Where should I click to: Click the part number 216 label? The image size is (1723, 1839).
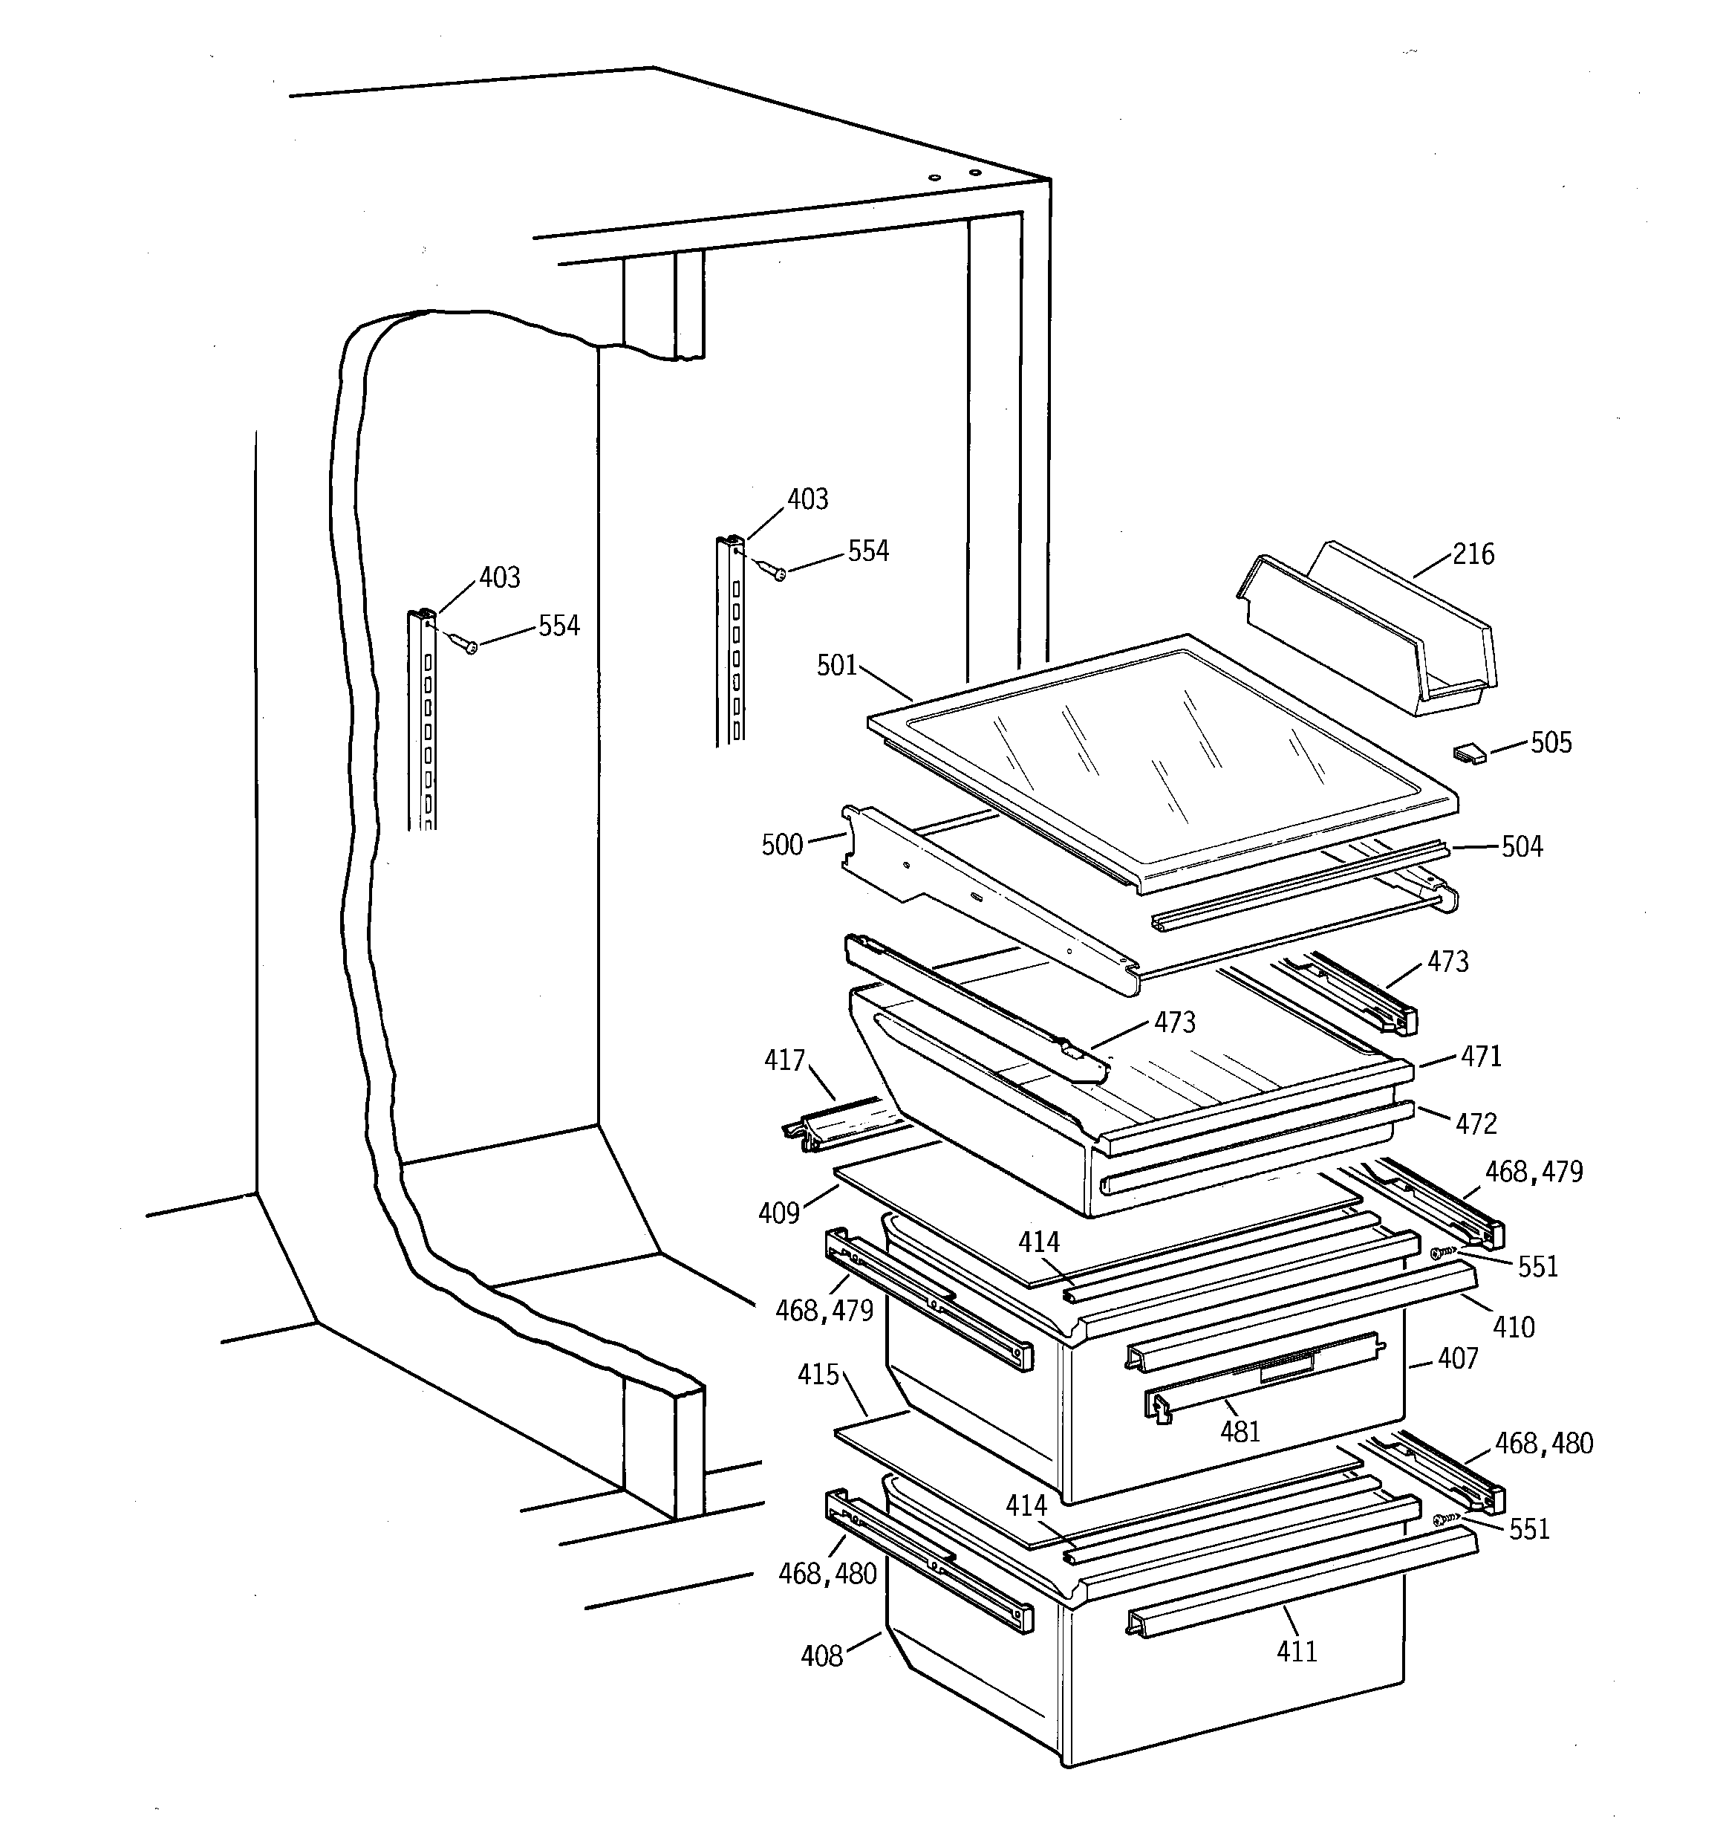[x=1473, y=554]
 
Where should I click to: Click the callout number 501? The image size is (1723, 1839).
[x=837, y=665]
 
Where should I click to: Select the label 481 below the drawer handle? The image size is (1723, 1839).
[x=1240, y=1432]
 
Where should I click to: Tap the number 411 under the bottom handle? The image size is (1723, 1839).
[x=1296, y=1651]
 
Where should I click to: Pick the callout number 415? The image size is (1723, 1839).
[x=818, y=1375]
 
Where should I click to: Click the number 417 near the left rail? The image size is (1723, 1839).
[x=784, y=1060]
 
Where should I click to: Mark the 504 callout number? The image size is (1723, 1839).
[x=1522, y=846]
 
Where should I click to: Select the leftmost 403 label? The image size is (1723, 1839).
[x=499, y=577]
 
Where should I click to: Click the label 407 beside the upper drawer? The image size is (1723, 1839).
[x=1458, y=1358]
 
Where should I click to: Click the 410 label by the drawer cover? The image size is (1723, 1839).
[x=1513, y=1328]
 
